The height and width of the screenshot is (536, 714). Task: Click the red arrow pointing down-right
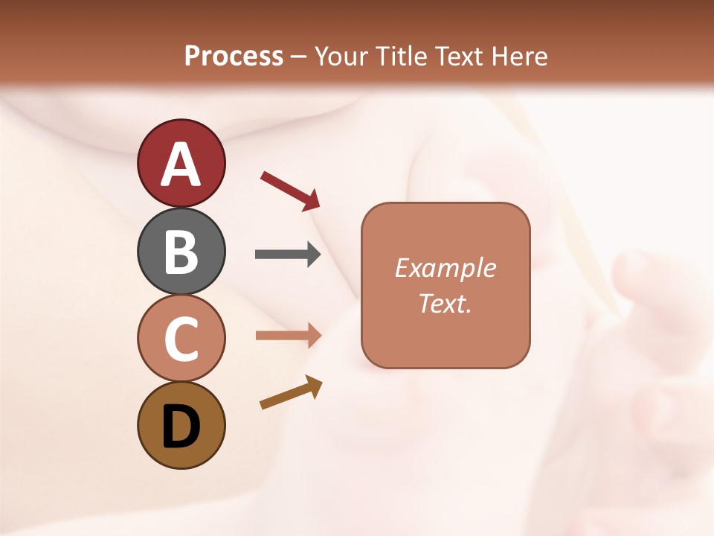290,190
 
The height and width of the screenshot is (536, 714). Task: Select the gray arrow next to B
288,255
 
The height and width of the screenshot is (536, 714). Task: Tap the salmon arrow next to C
288,335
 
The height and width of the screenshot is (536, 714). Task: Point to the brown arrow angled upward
291,392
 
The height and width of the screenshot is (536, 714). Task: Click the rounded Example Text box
446,285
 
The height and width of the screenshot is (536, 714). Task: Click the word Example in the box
446,268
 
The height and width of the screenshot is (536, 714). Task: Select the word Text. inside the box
446,303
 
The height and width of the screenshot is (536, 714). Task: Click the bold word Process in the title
234,56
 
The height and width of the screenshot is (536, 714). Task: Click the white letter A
181,165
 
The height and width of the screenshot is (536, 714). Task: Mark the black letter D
181,427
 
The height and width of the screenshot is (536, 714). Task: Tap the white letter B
181,252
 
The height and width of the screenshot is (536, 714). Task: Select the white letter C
181,339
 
